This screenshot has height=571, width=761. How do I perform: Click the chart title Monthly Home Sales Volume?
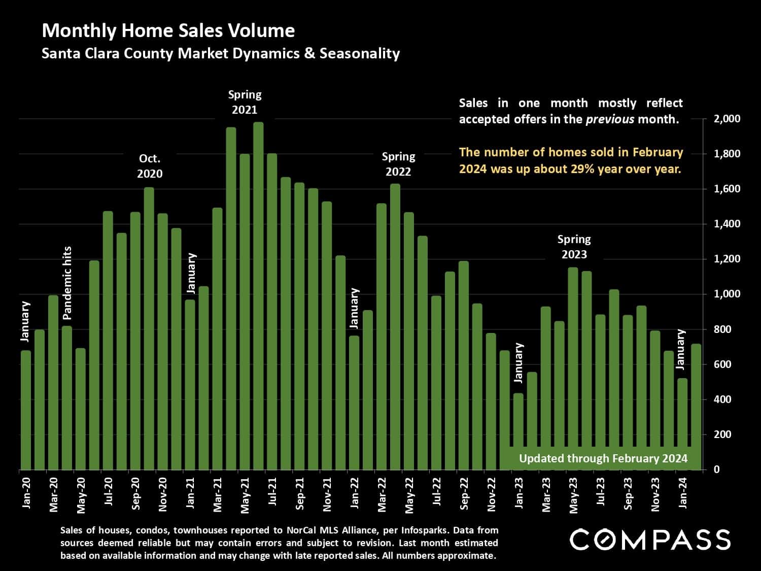click(x=168, y=31)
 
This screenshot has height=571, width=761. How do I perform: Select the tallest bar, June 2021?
click(x=258, y=296)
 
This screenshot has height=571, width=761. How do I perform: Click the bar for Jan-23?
click(x=518, y=431)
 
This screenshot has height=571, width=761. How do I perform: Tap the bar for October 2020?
click(x=149, y=329)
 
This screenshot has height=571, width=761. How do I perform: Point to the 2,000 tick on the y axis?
click(x=727, y=119)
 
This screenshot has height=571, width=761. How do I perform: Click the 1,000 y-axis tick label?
click(x=727, y=294)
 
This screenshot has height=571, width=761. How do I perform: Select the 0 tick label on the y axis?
click(x=716, y=469)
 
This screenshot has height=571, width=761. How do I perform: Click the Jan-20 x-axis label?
click(x=26, y=492)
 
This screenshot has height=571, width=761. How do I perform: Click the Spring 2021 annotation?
click(x=245, y=102)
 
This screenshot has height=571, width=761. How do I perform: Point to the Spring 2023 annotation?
click(x=574, y=247)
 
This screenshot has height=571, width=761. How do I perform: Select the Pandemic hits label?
click(x=67, y=283)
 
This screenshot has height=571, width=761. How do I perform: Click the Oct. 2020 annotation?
click(x=150, y=166)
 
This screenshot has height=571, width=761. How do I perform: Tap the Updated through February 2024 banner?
click(x=603, y=459)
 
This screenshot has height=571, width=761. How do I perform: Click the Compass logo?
click(x=650, y=540)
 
